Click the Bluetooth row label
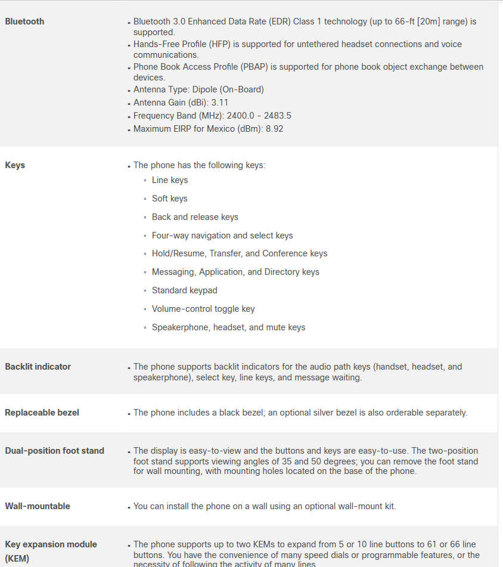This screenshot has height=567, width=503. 24,21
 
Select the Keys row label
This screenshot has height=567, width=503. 15,165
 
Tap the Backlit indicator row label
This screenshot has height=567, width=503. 38,367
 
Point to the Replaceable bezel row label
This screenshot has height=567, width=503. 42,413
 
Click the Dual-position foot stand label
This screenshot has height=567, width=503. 54,451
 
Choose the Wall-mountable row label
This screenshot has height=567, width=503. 38,506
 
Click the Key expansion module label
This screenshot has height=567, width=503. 51,544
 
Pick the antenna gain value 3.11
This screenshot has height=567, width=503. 221,103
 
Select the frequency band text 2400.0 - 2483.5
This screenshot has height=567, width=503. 259,116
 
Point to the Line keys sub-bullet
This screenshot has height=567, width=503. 170,180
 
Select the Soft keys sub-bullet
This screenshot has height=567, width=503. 169,199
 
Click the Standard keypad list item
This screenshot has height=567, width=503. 184,290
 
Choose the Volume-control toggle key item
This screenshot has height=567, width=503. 203,309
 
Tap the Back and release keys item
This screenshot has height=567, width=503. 195,217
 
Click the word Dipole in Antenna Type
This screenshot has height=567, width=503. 206,89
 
